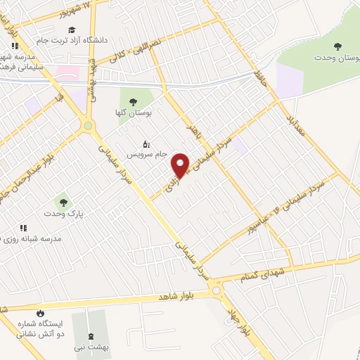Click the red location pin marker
181,165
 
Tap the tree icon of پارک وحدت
64,202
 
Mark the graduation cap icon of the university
72,30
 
